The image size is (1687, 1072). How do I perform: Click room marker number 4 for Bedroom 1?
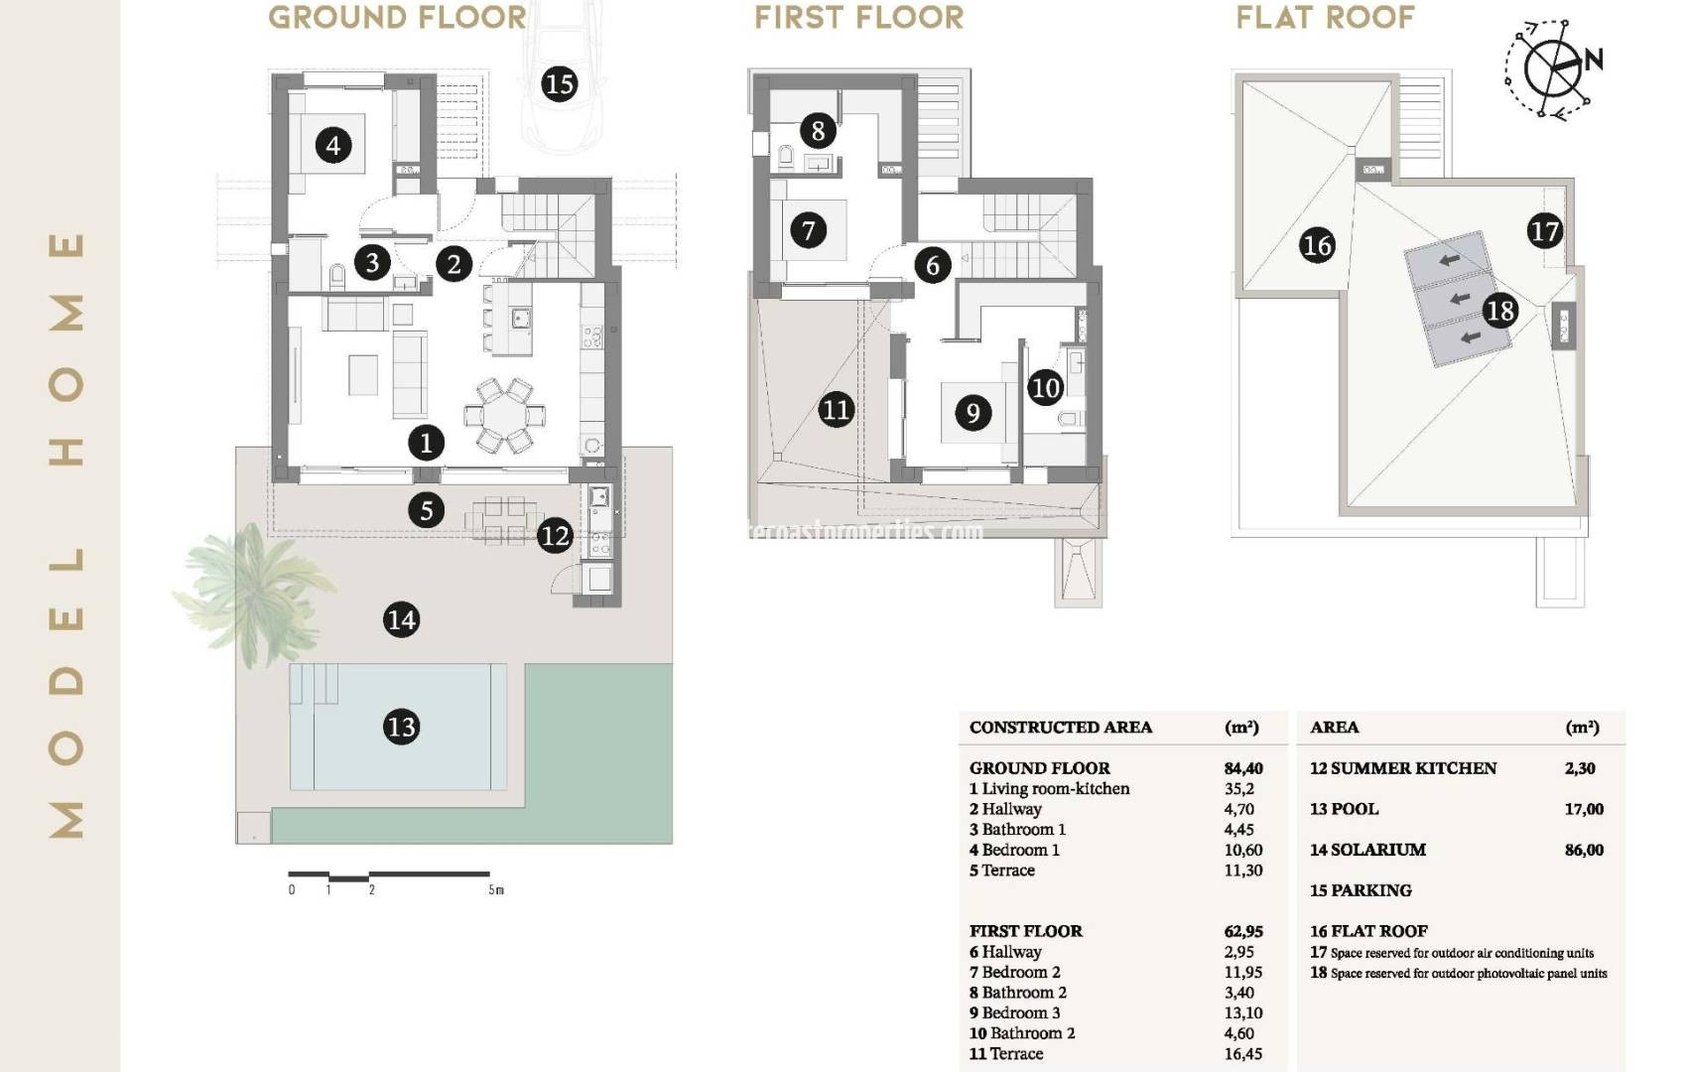click(333, 146)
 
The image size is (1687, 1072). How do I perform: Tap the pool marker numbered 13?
click(401, 727)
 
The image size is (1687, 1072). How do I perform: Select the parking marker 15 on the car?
click(560, 83)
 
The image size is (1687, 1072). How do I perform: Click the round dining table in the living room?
click(505, 412)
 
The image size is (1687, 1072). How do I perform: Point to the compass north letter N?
click(1594, 60)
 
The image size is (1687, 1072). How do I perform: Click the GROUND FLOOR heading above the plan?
click(397, 18)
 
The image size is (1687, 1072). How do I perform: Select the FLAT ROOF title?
click(1325, 18)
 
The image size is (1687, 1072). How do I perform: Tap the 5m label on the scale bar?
click(495, 890)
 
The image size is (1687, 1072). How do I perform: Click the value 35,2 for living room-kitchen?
click(1238, 789)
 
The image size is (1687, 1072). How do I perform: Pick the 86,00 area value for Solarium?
click(1584, 850)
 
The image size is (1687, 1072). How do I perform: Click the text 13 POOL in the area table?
click(1344, 809)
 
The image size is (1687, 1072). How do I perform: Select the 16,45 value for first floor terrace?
click(1242, 1054)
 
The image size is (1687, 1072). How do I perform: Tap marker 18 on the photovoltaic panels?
click(1499, 311)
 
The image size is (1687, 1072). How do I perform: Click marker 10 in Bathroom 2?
click(1046, 387)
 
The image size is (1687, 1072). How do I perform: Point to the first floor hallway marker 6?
click(932, 265)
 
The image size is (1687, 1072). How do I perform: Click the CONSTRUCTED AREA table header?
click(1060, 728)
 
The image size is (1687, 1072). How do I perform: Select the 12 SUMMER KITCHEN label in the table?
click(1402, 768)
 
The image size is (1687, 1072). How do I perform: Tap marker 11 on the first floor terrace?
click(836, 409)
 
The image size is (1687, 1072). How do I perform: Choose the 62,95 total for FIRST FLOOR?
click(1242, 931)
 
